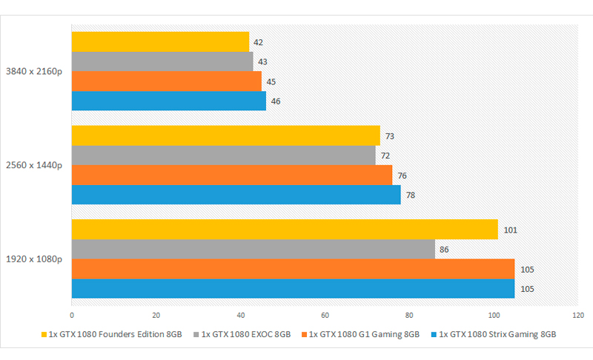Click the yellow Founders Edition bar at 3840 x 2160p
(x=160, y=41)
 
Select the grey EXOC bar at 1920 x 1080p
(x=253, y=249)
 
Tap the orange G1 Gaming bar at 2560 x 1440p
(x=231, y=175)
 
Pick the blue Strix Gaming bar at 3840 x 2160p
(x=168, y=101)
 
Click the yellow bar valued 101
(x=285, y=230)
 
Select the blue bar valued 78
(x=236, y=195)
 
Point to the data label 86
(x=444, y=250)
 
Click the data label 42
(x=259, y=42)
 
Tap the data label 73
(x=390, y=136)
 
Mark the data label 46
(x=276, y=101)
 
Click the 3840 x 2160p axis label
(x=34, y=71)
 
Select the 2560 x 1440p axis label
(x=34, y=165)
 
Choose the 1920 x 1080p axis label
(x=34, y=259)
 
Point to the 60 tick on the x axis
(x=325, y=313)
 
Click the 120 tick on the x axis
(x=577, y=313)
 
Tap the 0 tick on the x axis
(x=72, y=313)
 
